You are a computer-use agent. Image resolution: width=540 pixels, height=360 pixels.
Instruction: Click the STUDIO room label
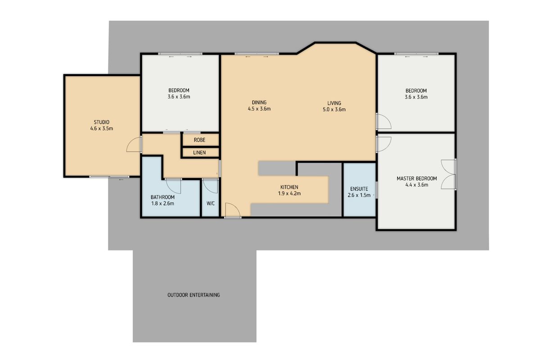[x=101, y=122]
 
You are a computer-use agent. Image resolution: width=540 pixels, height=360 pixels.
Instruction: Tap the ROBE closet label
[x=199, y=140]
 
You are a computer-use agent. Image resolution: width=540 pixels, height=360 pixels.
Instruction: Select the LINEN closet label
[x=199, y=153]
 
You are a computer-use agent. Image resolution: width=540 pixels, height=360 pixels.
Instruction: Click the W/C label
[x=211, y=203]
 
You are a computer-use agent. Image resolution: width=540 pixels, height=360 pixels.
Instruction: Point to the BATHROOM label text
[x=162, y=197]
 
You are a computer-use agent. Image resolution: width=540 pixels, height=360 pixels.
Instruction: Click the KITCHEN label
[x=289, y=187]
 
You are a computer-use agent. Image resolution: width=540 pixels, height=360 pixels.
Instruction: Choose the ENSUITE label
[x=359, y=189]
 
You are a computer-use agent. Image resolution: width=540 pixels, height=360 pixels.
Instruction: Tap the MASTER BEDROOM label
[x=416, y=179]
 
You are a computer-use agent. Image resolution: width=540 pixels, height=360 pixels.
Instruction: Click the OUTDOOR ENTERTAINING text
[x=193, y=295]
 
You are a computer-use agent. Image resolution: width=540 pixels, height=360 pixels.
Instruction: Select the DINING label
[x=259, y=102]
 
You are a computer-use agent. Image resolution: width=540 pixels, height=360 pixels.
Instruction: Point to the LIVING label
[x=334, y=103]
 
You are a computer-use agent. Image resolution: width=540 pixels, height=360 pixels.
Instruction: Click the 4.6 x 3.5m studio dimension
[x=101, y=128]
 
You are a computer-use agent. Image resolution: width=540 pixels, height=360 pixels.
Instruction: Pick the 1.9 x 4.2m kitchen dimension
[x=289, y=193]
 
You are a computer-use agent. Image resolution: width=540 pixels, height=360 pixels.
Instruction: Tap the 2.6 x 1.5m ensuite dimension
[x=359, y=195]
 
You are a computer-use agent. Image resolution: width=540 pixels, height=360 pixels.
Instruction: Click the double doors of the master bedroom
[x=449, y=174]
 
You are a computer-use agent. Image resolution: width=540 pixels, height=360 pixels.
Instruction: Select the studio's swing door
[x=134, y=145]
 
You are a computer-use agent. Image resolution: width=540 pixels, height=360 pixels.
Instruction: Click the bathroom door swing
[x=173, y=185]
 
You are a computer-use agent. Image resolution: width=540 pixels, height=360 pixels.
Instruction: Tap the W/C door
[x=210, y=185]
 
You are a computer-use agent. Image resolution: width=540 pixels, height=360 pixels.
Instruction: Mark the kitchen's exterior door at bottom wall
[x=233, y=211]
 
